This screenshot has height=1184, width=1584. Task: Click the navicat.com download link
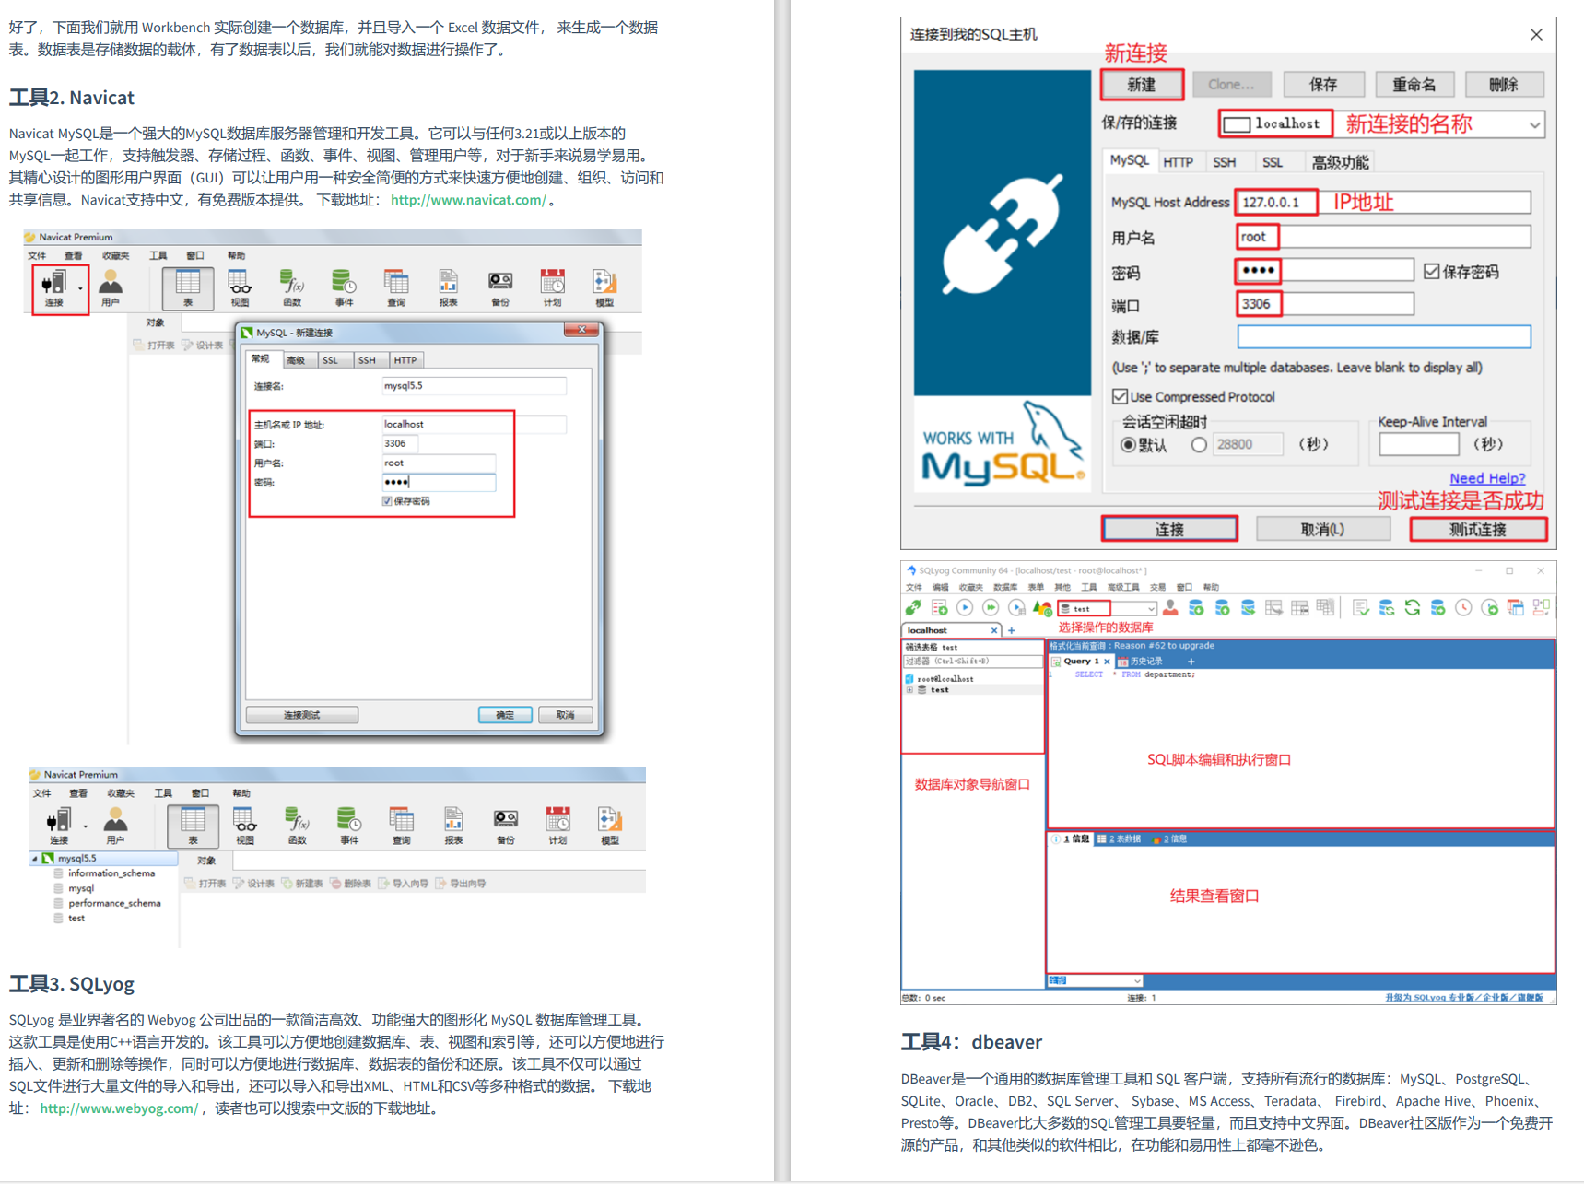(x=468, y=200)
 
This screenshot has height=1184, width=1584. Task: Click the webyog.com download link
(x=119, y=1108)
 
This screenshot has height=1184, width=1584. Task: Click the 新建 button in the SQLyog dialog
(x=1142, y=85)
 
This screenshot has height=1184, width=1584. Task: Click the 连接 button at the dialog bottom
(x=1169, y=529)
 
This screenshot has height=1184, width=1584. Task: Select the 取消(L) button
(x=1322, y=529)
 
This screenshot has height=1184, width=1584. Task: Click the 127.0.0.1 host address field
(x=1275, y=202)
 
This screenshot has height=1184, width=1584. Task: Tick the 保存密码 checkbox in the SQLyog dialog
(x=1431, y=272)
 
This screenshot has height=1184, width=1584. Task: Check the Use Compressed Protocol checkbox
(x=1120, y=396)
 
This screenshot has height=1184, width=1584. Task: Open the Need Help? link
(x=1486, y=478)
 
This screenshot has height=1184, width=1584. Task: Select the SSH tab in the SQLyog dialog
(x=1224, y=162)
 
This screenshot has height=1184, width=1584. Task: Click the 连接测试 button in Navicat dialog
(x=301, y=715)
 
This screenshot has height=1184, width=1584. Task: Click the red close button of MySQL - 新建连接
(x=581, y=330)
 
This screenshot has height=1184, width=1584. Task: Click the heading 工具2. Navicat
(x=72, y=98)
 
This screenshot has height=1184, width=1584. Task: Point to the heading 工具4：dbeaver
(x=971, y=1042)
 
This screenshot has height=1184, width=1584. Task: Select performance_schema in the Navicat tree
(x=114, y=903)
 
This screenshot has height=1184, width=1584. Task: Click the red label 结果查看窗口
(x=1214, y=896)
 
